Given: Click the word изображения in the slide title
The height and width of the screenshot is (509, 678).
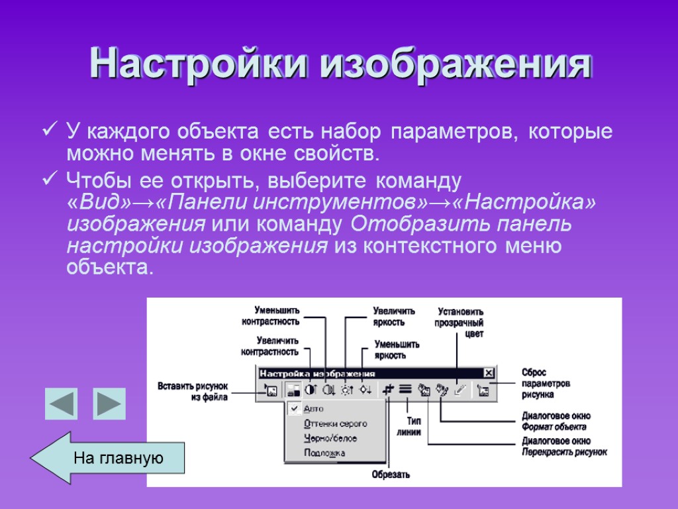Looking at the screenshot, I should point(457,64).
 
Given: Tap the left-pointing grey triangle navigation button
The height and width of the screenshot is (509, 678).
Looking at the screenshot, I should point(62,404).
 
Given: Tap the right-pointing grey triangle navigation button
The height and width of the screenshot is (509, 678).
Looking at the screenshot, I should point(109,404).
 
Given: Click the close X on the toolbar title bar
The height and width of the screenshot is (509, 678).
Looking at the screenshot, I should point(489,373).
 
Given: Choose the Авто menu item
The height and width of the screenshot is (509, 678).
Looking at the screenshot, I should point(314,409).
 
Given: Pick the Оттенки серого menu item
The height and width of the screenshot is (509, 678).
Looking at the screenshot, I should point(335,424).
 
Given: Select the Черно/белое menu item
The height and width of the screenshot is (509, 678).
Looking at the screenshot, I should point(330,438).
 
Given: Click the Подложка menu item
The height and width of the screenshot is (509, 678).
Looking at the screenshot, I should point(324,453).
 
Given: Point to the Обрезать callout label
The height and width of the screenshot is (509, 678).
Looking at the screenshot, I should point(391,475).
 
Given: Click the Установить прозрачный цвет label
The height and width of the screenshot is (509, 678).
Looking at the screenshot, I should point(460,323).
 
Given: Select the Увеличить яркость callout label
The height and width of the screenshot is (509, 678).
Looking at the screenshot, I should point(394,316).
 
